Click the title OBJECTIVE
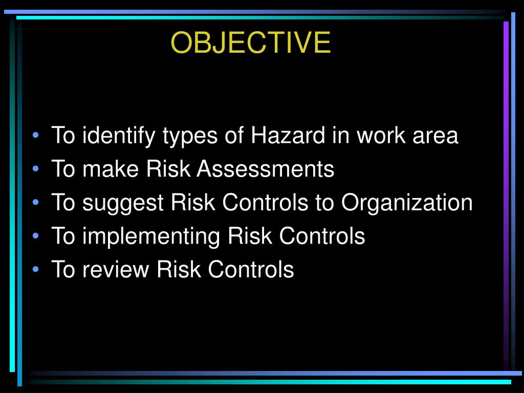click(x=251, y=42)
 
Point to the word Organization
click(x=407, y=203)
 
